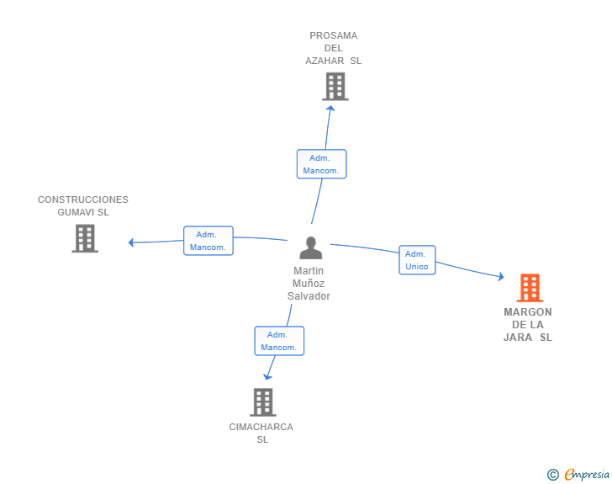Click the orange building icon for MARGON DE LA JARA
pyautogui.click(x=530, y=288)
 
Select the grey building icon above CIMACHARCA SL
pyautogui.click(x=262, y=402)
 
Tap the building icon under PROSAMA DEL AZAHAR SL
pyautogui.click(x=335, y=86)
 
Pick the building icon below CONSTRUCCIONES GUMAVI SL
pyautogui.click(x=85, y=238)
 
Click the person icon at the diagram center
pyautogui.click(x=311, y=248)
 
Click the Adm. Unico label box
pyautogui.click(x=417, y=260)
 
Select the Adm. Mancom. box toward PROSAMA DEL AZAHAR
pyautogui.click(x=321, y=164)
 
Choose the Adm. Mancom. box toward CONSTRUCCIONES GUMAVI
pyautogui.click(x=208, y=241)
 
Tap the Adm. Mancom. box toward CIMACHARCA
pyautogui.click(x=279, y=341)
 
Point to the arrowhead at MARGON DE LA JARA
pyautogui.click(x=500, y=277)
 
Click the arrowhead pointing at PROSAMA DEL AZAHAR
pyautogui.click(x=330, y=107)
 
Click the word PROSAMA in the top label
pyautogui.click(x=333, y=35)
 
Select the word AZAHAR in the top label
pyautogui.click(x=325, y=61)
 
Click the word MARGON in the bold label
pyautogui.click(x=528, y=312)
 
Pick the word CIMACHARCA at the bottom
pyautogui.click(x=261, y=427)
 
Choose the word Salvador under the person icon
pyautogui.click(x=309, y=296)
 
